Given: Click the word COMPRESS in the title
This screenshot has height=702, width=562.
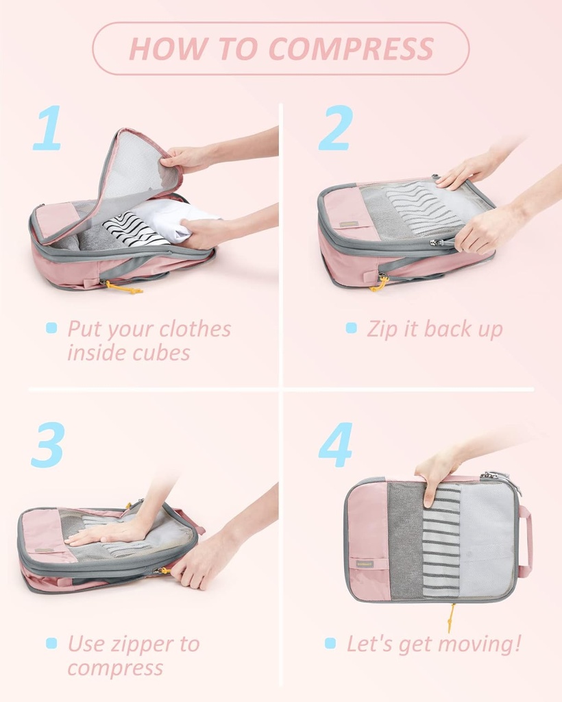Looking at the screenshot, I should pyautogui.click(x=351, y=49).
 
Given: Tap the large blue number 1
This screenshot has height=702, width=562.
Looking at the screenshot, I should pyautogui.click(x=48, y=128).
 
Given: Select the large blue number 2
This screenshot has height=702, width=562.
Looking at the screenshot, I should pyautogui.click(x=336, y=128).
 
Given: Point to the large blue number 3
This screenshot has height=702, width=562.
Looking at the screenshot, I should pyautogui.click(x=48, y=445).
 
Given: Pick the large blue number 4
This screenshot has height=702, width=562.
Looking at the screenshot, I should pyautogui.click(x=336, y=445).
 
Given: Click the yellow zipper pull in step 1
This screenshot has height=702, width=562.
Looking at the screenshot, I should pyautogui.click(x=123, y=288).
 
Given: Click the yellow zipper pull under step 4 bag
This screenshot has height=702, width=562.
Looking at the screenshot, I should pyautogui.click(x=450, y=617).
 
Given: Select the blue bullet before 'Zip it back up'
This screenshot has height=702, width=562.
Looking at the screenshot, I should pyautogui.click(x=352, y=328).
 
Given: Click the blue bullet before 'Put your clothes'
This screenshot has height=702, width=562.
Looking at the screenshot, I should pyautogui.click(x=51, y=328).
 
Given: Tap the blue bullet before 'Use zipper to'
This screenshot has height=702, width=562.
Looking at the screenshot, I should pyautogui.click(x=51, y=644).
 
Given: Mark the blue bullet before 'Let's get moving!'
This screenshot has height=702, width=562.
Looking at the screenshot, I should pyautogui.click(x=330, y=644).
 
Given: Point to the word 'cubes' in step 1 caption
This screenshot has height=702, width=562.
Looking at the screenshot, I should pyautogui.click(x=162, y=353).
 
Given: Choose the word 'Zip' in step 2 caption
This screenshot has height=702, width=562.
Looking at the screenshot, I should pyautogui.click(x=382, y=329).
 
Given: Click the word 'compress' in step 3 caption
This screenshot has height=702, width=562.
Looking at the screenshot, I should pyautogui.click(x=115, y=668).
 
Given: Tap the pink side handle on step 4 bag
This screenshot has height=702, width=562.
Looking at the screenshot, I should pyautogui.click(x=526, y=542).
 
